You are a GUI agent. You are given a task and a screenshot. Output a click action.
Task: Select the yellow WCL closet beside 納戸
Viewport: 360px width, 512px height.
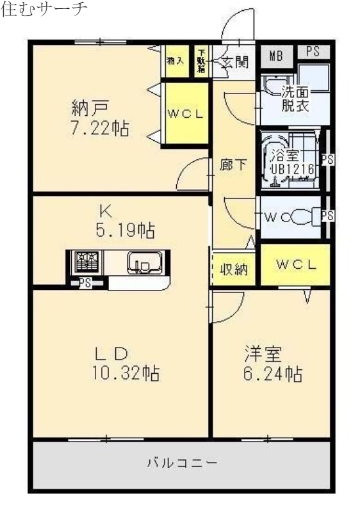click(x=185, y=114)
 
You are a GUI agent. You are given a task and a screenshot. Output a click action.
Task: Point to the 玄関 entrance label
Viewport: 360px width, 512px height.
click(x=234, y=62)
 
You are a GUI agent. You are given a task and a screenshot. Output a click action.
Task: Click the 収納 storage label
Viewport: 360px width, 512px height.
click(x=233, y=269)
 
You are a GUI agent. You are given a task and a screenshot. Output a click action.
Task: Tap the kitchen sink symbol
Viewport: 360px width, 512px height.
click(x=140, y=262)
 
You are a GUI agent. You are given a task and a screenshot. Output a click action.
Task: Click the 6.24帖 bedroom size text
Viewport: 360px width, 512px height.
click(x=272, y=372)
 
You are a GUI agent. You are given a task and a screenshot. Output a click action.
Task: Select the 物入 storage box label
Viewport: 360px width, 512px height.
click(x=175, y=61)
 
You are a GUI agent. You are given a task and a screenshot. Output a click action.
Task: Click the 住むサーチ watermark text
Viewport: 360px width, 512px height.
click(x=45, y=12)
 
